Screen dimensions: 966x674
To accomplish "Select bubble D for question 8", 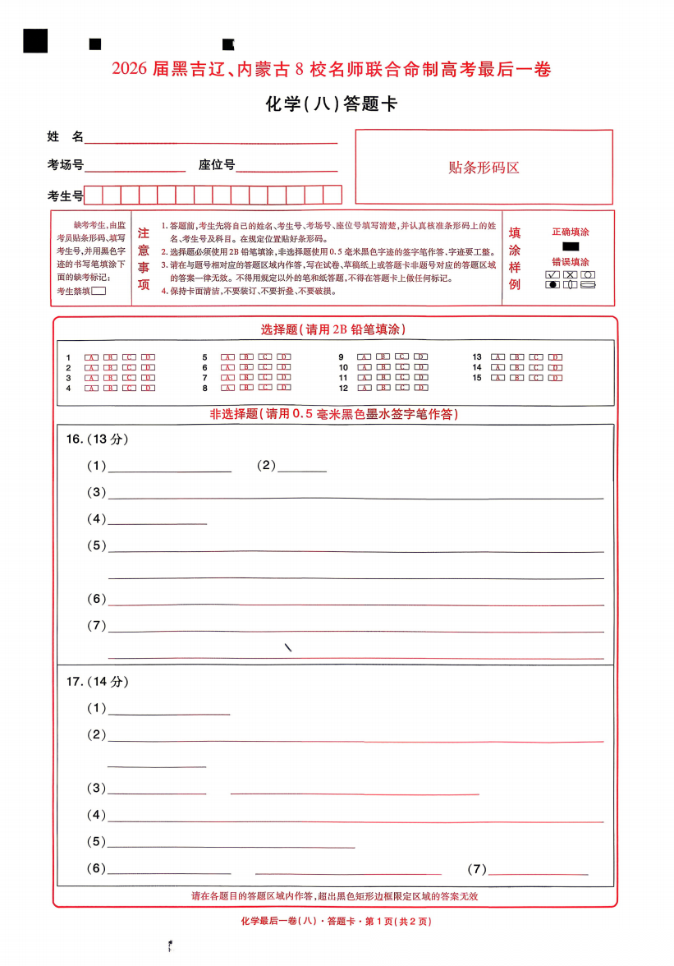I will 283,388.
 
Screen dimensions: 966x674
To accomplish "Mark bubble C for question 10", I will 401,367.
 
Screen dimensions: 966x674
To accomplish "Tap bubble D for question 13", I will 556,357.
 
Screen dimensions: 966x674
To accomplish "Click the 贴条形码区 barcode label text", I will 484,168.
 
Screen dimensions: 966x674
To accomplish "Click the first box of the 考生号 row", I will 94,195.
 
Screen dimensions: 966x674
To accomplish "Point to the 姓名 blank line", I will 211,139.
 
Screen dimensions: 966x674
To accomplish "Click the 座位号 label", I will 217,165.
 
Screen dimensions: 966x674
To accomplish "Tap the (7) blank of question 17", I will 538,871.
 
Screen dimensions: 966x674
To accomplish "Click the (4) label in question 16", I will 97,519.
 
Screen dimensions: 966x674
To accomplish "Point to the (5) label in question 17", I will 97,842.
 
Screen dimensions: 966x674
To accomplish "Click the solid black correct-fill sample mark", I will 571,246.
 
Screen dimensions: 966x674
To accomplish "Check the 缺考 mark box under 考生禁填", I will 99,290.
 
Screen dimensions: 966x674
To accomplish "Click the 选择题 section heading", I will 332,329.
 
